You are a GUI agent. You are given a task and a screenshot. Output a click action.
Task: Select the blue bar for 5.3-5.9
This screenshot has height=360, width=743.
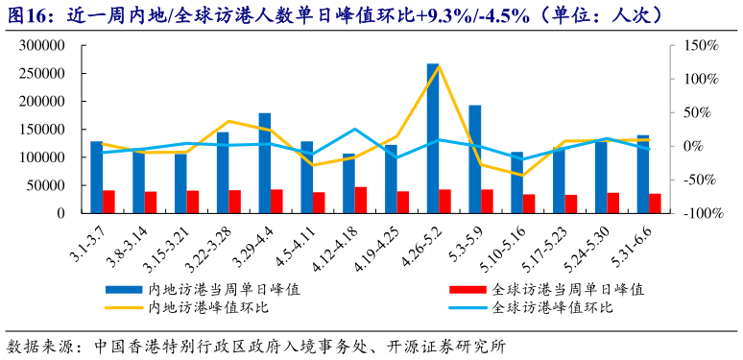pos(474,159)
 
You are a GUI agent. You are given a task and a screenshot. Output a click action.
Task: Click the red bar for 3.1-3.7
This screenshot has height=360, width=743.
pos(109,202)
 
